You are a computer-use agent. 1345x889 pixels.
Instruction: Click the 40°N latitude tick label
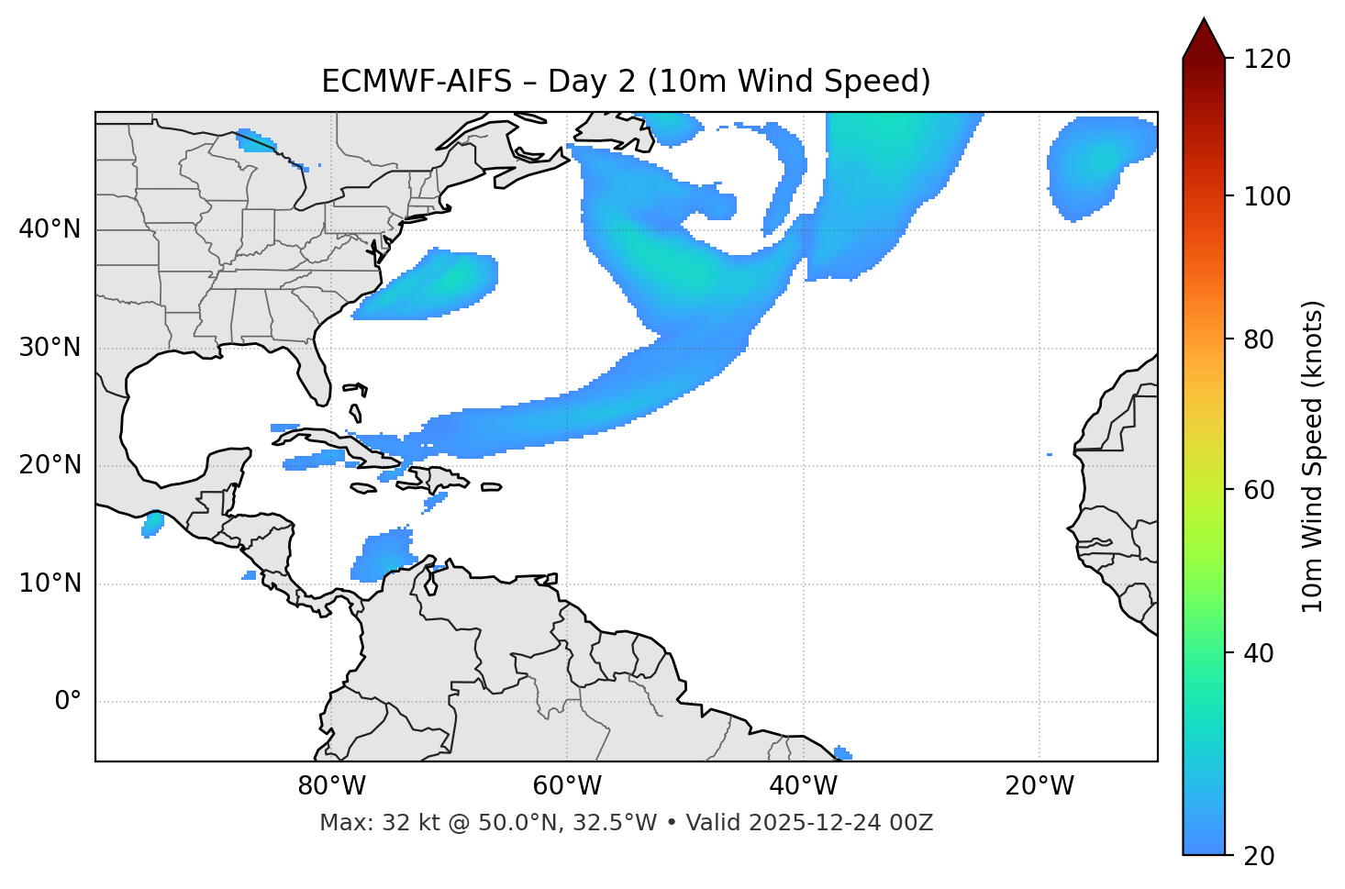click(x=50, y=229)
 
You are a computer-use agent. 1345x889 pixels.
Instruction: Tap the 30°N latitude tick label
click(x=50, y=348)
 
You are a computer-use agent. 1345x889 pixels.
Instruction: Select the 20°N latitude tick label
click(x=50, y=465)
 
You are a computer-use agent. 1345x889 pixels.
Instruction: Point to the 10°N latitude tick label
click(x=50, y=583)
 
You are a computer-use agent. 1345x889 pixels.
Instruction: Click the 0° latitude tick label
click(x=68, y=702)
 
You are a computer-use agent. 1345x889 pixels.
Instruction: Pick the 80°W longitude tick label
click(x=331, y=786)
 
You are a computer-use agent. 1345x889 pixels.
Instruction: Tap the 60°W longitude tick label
click(x=567, y=786)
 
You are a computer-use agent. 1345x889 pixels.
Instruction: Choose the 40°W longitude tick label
click(x=803, y=786)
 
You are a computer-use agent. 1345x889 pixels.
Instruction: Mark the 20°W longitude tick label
click(x=1039, y=786)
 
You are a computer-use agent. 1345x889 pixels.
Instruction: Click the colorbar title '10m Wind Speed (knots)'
click(x=1313, y=456)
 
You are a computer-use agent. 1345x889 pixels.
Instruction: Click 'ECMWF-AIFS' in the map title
click(x=417, y=82)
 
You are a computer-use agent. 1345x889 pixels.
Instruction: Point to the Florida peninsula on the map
click(x=317, y=376)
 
